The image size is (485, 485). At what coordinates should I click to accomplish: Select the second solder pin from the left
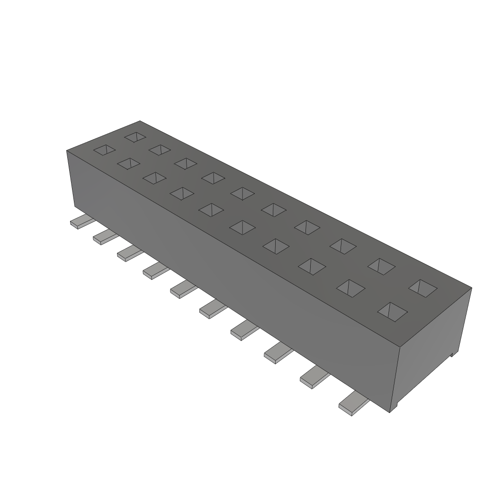tap(104, 237)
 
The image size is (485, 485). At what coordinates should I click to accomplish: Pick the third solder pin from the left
tap(129, 253)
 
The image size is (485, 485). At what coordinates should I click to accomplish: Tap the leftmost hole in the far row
tap(135, 137)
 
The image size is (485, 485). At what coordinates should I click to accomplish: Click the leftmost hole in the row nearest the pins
tap(104, 150)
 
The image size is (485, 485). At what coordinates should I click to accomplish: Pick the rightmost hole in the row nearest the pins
tap(393, 311)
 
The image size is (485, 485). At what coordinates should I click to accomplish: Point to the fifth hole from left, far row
tap(243, 193)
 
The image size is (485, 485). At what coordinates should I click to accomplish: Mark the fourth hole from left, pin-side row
tap(181, 193)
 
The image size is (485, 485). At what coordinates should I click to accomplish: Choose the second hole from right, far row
tap(382, 266)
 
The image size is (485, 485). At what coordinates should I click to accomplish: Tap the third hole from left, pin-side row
tap(154, 178)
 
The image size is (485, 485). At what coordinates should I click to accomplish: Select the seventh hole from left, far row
tap(307, 226)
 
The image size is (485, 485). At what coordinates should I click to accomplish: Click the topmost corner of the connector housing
tap(140, 121)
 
